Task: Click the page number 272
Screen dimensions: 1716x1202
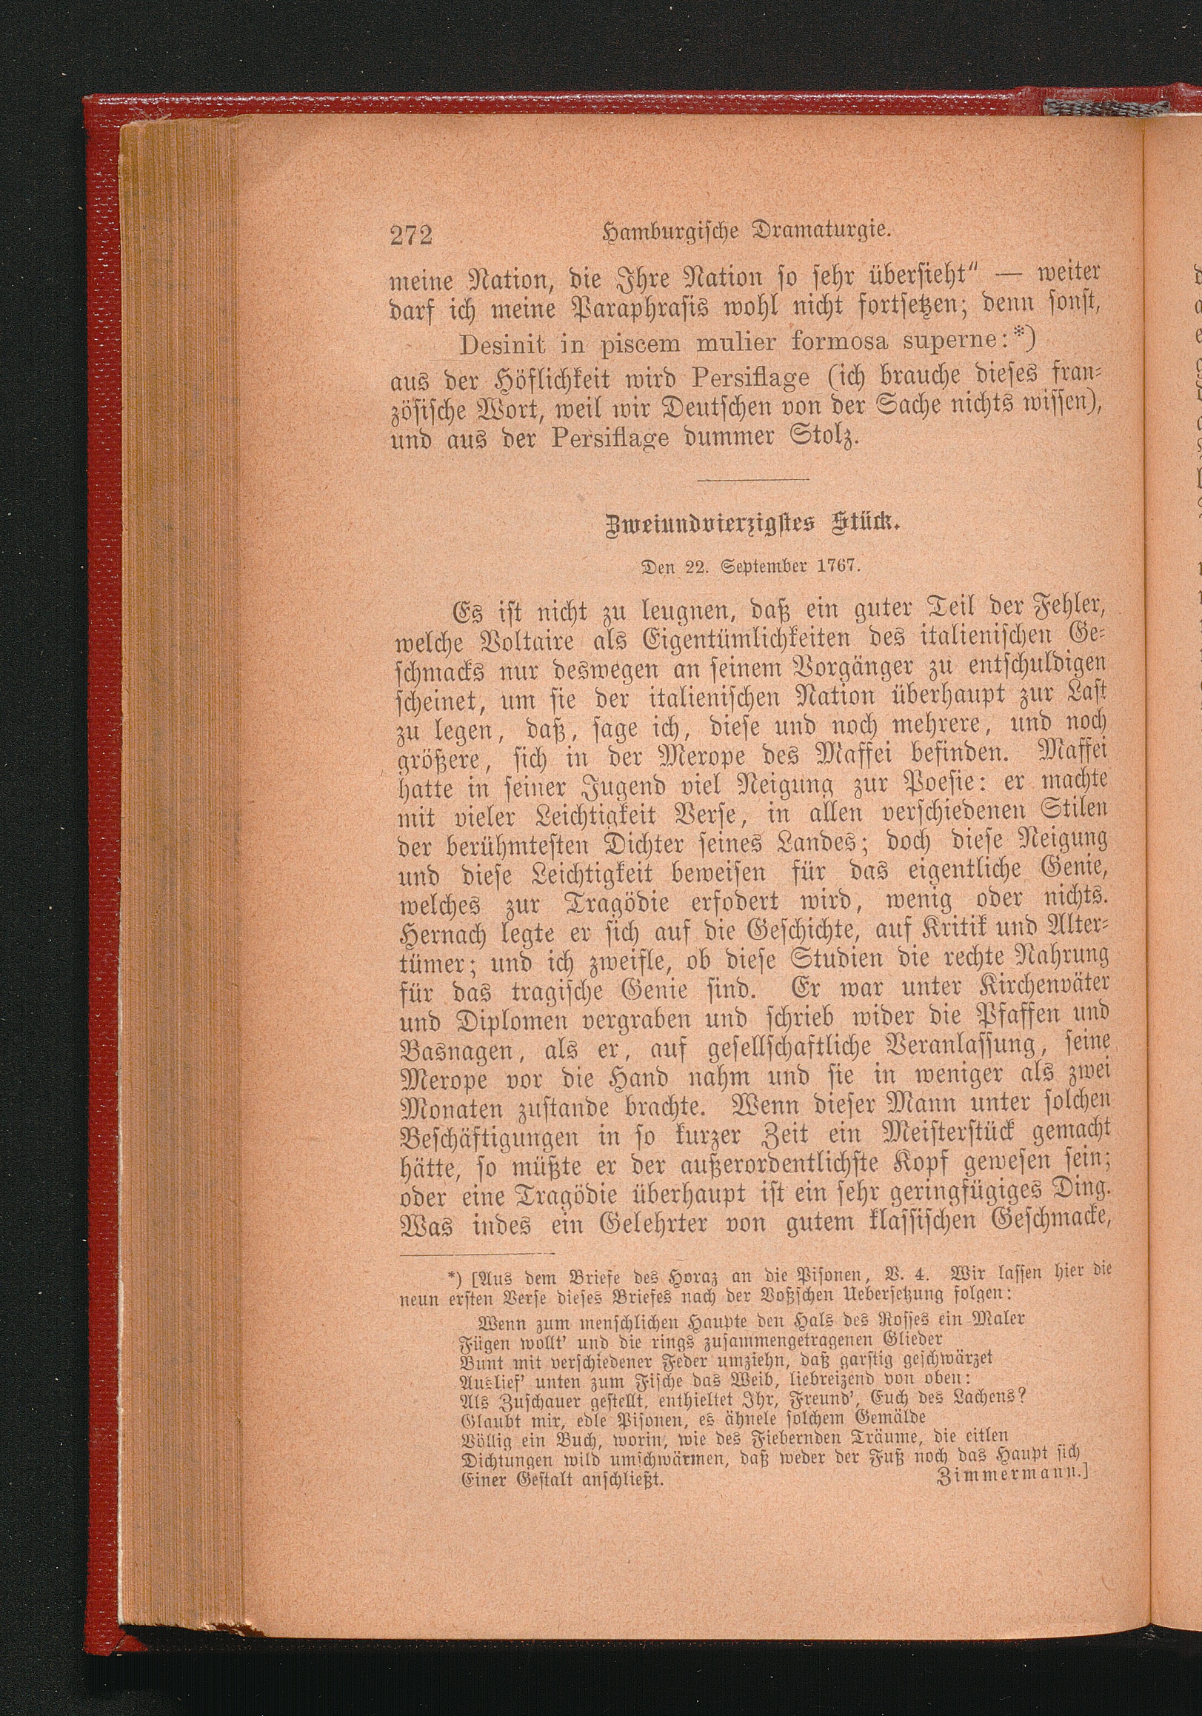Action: coord(411,235)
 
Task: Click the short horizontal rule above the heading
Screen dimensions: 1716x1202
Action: coord(755,479)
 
